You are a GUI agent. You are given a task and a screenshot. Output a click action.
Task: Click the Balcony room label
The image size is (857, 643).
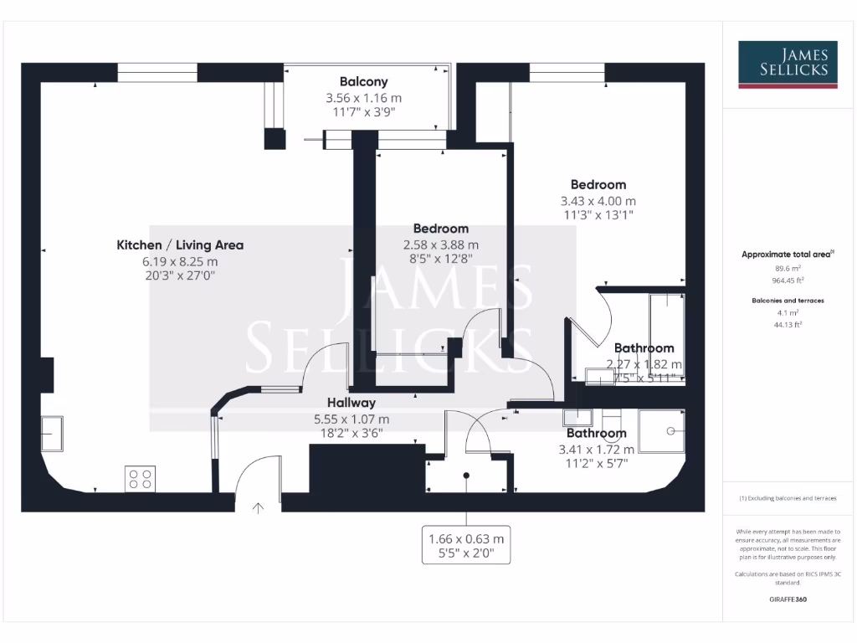[363, 82]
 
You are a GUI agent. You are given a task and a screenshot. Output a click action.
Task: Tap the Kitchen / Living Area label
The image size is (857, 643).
[180, 245]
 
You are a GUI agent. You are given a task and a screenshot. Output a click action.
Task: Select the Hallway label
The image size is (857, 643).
[351, 403]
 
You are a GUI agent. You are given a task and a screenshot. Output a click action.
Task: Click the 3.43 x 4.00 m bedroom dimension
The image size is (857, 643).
[598, 201]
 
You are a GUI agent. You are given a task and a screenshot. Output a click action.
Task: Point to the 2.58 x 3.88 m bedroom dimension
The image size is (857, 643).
[440, 244]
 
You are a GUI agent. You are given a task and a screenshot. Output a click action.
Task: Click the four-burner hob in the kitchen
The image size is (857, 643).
[140, 479]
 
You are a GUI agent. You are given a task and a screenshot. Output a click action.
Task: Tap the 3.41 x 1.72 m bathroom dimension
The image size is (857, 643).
[596, 450]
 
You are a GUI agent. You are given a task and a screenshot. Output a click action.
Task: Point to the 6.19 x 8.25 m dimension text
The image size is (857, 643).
[179, 261]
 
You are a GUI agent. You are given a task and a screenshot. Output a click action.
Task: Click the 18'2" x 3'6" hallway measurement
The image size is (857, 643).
[351, 434]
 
